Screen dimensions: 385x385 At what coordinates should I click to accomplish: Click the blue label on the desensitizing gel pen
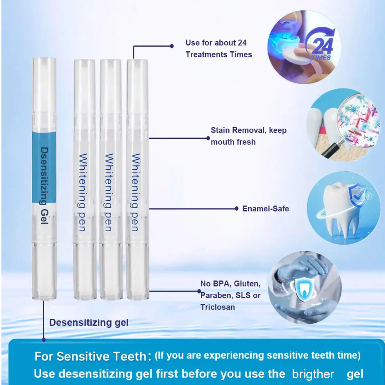coord(44,168)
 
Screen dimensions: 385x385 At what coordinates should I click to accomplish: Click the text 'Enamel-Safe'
coord(266,209)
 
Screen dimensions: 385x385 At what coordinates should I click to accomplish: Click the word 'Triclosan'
coord(217,307)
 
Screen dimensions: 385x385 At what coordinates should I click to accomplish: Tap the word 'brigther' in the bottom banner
coord(313,374)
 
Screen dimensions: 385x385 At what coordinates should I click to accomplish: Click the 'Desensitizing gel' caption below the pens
coord(89,323)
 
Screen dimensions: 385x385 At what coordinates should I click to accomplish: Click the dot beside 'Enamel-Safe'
coord(237,209)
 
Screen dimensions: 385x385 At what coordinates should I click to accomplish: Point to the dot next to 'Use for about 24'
coord(172,46)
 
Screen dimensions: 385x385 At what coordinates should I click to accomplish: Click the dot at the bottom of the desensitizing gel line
coord(44,339)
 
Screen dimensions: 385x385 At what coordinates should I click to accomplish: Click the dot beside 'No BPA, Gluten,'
coord(199,291)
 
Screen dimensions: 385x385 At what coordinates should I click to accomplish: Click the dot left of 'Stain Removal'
coord(209,138)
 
